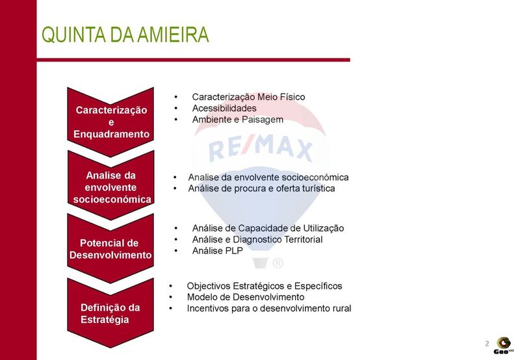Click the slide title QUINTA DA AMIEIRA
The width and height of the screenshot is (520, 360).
[x=125, y=34]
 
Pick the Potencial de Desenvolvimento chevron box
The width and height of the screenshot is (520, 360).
[x=110, y=249]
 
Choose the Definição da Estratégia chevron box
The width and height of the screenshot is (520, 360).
[x=110, y=313]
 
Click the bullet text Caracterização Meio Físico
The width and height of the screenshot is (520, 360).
[x=248, y=97]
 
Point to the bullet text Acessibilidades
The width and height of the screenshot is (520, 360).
[x=224, y=108]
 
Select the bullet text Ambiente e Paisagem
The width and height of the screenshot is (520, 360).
[x=238, y=120]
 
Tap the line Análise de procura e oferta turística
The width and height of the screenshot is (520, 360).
[x=261, y=188]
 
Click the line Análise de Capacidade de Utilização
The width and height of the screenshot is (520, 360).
[x=268, y=228]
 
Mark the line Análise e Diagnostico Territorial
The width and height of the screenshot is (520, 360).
[x=257, y=239]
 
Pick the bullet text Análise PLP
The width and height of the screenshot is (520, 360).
[x=218, y=251]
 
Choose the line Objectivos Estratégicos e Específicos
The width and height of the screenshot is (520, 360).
[x=265, y=286]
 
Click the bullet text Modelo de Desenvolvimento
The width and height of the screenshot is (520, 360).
[x=246, y=297]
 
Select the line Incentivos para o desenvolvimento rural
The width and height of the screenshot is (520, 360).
[x=269, y=308]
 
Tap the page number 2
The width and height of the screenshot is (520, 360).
[x=487, y=343]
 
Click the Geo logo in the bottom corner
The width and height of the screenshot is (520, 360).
[x=503, y=346]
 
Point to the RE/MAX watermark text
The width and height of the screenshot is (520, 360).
[x=261, y=148]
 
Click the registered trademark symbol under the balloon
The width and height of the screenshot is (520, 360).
[x=278, y=263]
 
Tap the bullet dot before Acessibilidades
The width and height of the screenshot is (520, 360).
[x=175, y=109]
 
